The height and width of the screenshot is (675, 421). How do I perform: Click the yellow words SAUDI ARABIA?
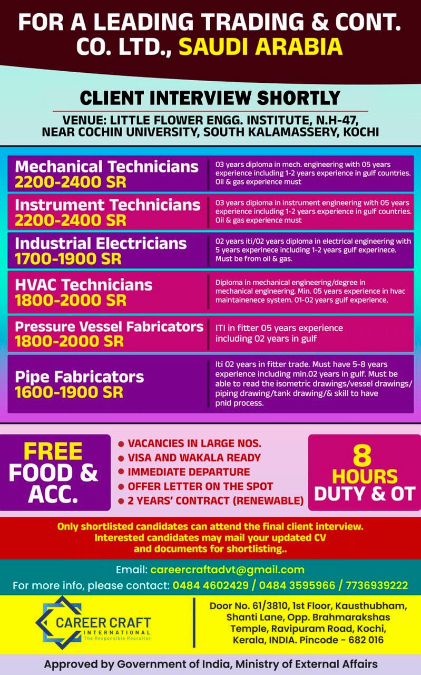260,47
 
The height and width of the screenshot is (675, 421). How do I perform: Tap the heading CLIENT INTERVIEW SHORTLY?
210,98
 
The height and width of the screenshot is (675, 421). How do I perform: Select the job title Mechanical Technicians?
106,167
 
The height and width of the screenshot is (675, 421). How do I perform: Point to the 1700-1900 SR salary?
68,259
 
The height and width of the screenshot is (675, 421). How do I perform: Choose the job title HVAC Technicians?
83,285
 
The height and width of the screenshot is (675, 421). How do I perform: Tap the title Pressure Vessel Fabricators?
109,326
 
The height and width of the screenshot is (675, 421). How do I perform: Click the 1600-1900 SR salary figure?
68,392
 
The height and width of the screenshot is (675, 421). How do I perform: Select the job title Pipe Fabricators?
79,377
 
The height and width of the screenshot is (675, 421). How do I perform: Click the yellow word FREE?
53,452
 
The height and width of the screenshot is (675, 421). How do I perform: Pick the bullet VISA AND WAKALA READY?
194,458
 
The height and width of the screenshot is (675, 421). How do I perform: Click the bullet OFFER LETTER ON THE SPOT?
200,486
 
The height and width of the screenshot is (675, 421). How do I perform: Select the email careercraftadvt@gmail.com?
227,570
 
